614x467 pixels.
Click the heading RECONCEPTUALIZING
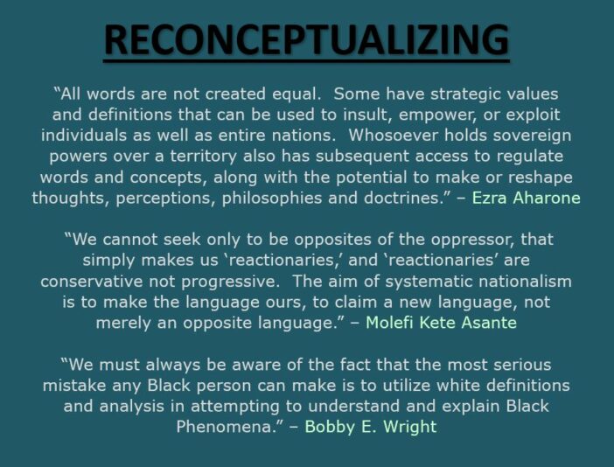pos(306,40)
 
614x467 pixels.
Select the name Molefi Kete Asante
pos(441,323)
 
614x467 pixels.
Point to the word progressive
pos(229,282)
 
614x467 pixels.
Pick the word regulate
pos(536,157)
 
